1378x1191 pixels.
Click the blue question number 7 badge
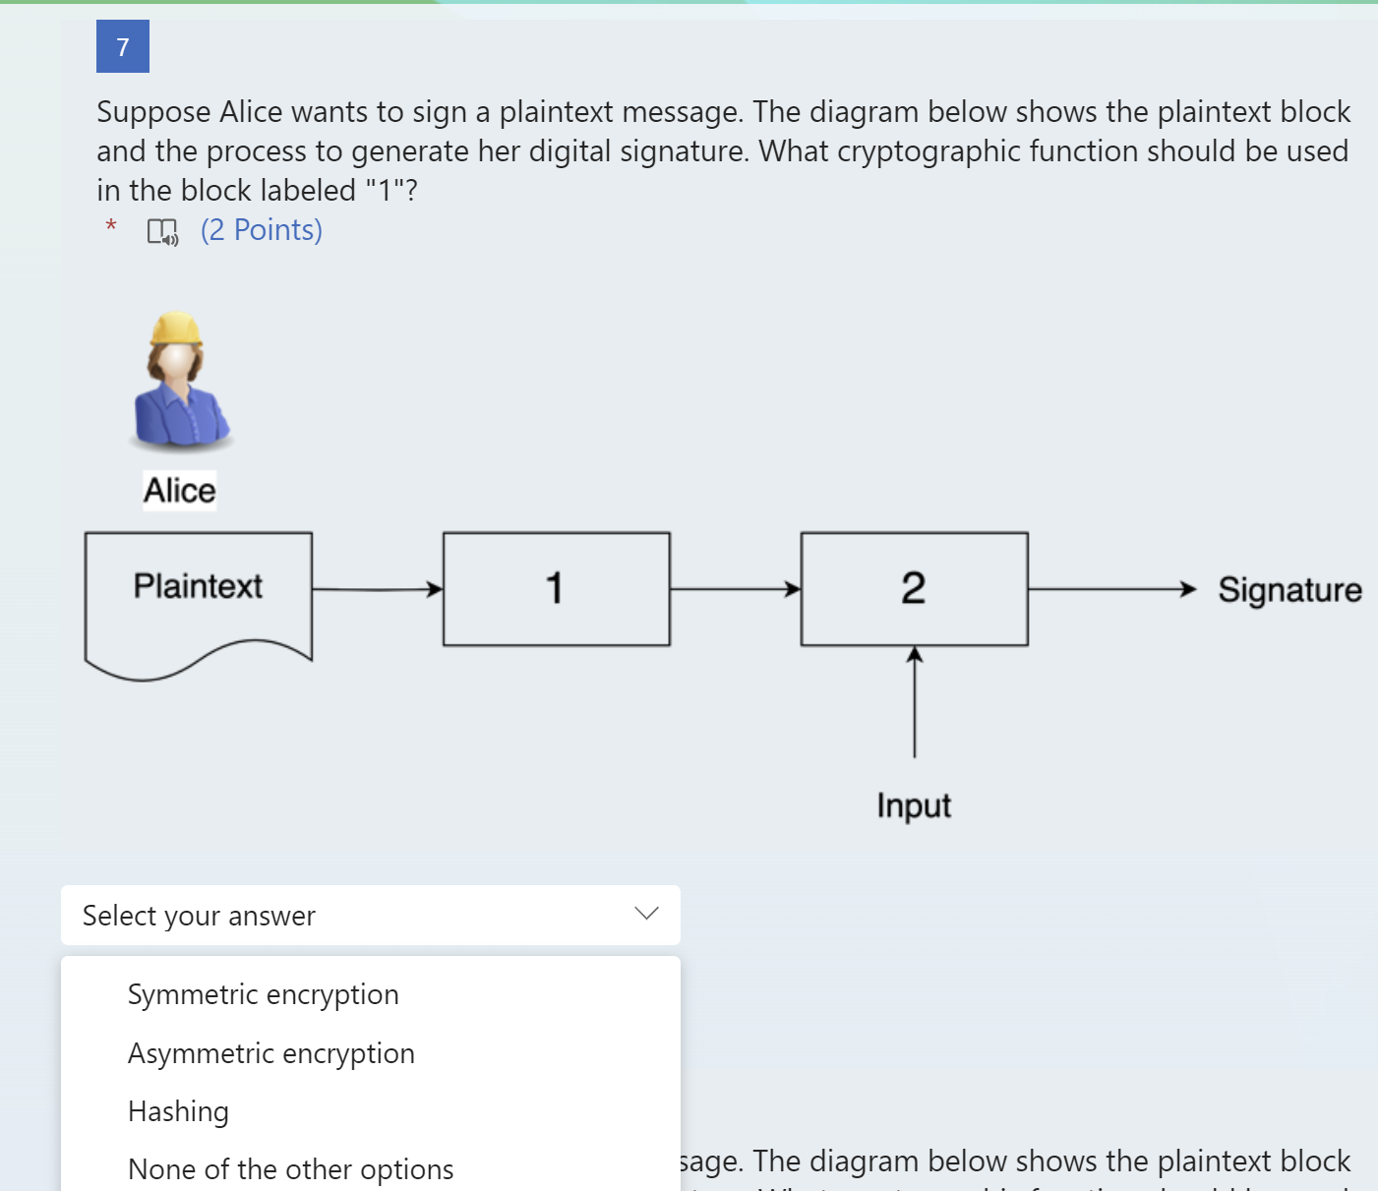pyautogui.click(x=123, y=46)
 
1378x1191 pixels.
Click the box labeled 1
pyautogui.click(x=556, y=589)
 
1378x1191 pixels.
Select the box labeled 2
pyautogui.click(x=914, y=589)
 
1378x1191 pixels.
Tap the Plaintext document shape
pyautogui.click(x=198, y=600)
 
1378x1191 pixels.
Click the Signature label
pyautogui.click(x=1289, y=589)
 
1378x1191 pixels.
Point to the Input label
pyautogui.click(x=914, y=805)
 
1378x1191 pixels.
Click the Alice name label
pyautogui.click(x=179, y=490)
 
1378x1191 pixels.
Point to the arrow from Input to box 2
pyautogui.click(x=915, y=702)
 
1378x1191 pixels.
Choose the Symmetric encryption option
pyautogui.click(x=263, y=994)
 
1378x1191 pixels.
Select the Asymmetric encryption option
pyautogui.click(x=270, y=1053)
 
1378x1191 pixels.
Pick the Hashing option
pyautogui.click(x=178, y=1111)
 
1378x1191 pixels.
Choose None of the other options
pyautogui.click(x=290, y=1169)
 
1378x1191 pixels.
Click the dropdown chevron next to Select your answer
pyautogui.click(x=646, y=914)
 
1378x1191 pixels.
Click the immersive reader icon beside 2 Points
pyautogui.click(x=162, y=231)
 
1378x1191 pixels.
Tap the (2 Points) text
pyautogui.click(x=262, y=230)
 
